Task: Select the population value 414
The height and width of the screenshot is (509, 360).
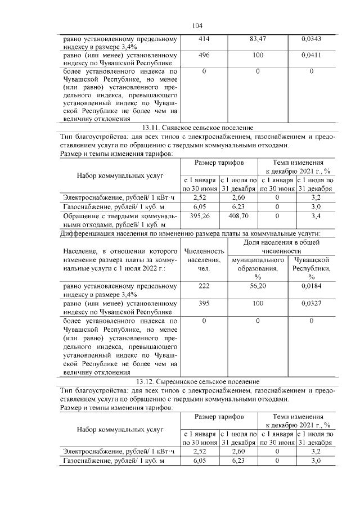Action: (204, 39)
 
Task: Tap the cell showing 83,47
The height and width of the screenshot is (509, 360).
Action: (258, 39)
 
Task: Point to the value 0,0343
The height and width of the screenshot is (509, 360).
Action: (311, 39)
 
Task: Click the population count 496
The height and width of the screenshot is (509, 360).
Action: (204, 56)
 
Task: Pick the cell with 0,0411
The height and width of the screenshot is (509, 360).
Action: (311, 56)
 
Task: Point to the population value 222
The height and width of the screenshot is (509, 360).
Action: (204, 286)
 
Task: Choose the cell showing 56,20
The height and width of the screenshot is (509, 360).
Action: (258, 286)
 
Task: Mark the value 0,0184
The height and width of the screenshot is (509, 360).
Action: (311, 286)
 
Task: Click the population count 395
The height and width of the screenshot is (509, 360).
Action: (204, 303)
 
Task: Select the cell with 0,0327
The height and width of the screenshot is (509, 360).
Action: (311, 303)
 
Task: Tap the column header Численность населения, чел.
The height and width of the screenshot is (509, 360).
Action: (204, 259)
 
